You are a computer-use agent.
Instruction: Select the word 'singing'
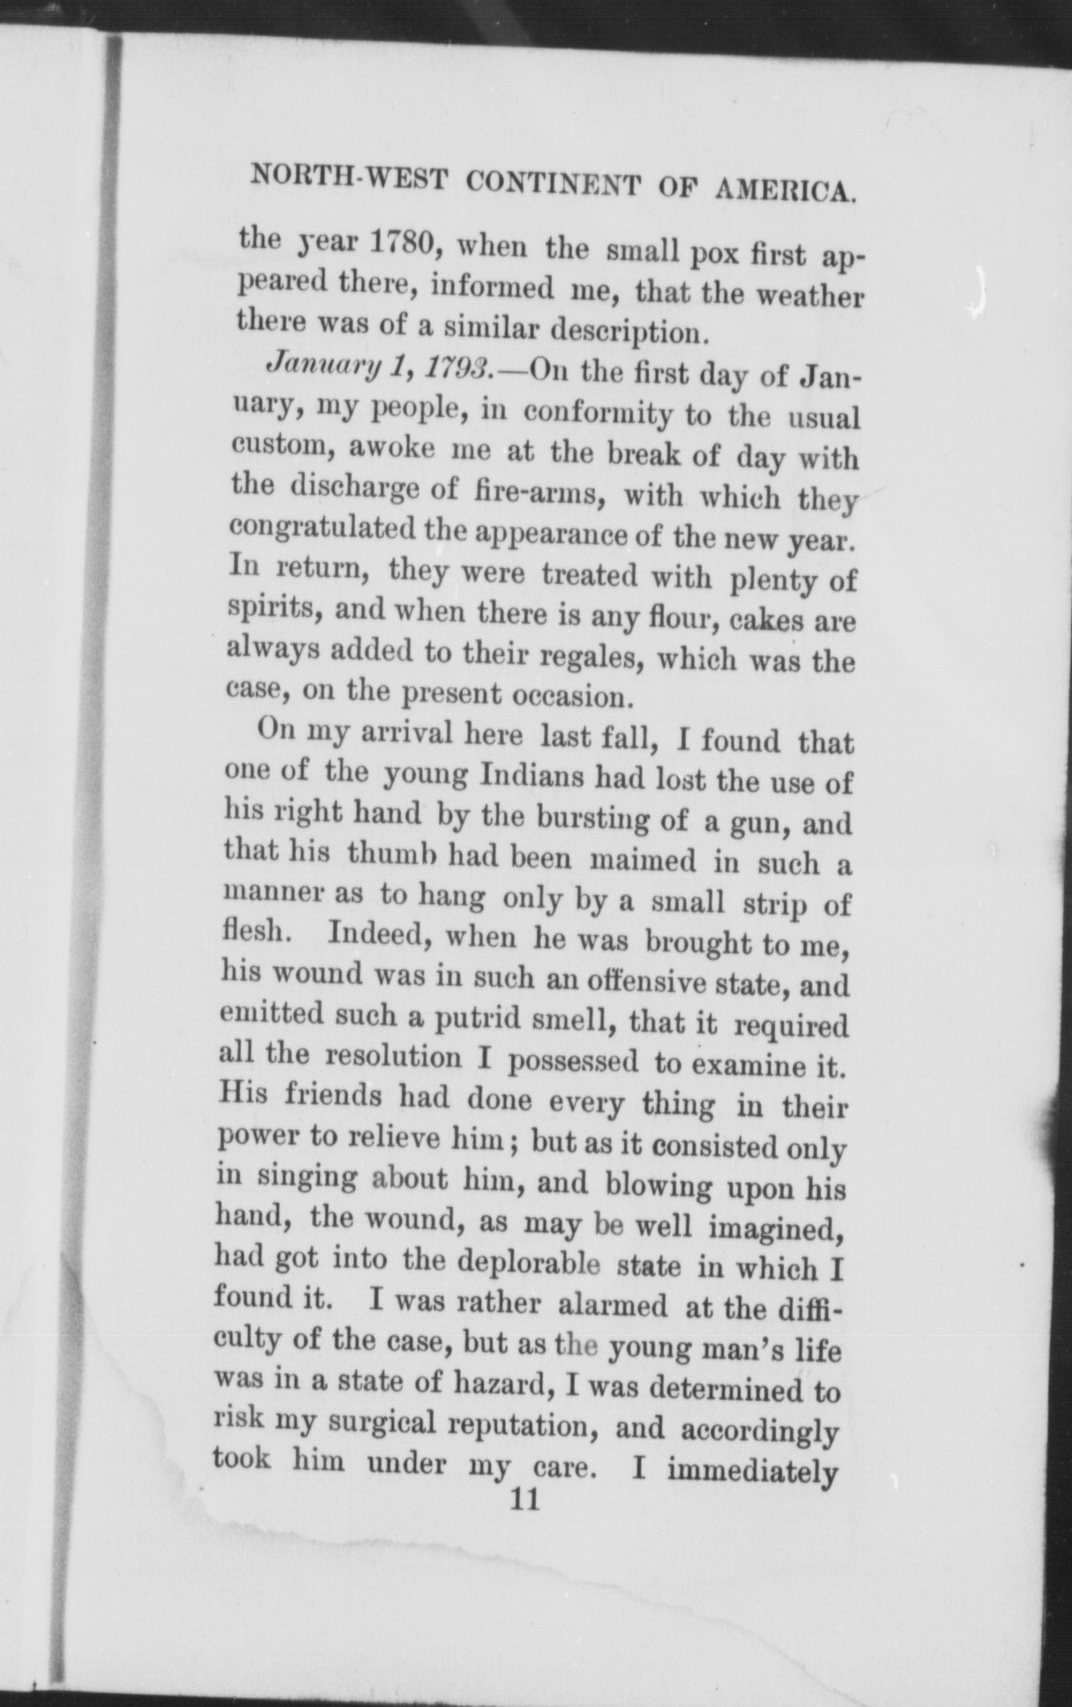click(307, 1178)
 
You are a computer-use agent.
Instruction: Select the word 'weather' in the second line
click(805, 296)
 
